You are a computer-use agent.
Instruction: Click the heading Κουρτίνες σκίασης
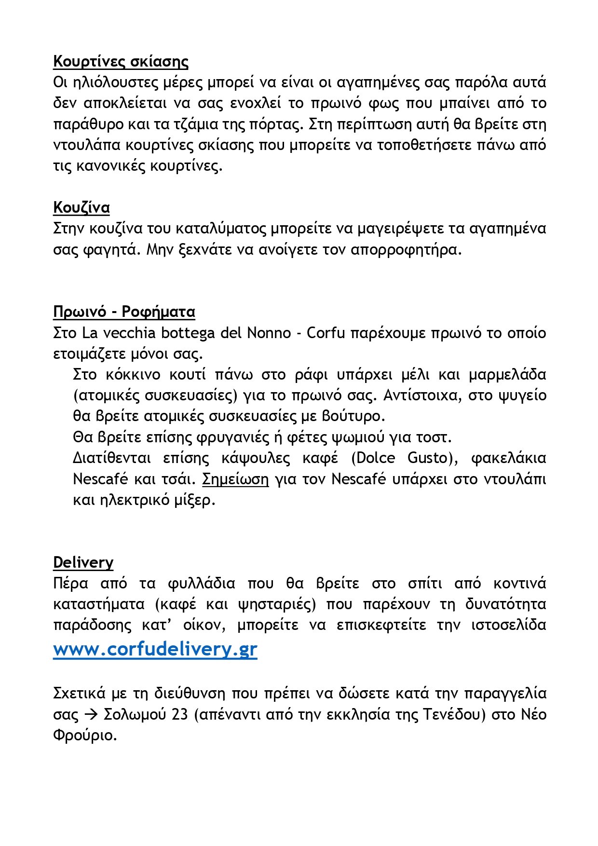click(121, 62)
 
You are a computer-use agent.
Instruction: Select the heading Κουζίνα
click(82, 207)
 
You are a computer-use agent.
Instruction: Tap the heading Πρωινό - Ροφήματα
click(124, 312)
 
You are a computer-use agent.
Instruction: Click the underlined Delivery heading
click(83, 562)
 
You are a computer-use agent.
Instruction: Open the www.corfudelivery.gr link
click(155, 649)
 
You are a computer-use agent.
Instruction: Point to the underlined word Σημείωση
click(235, 479)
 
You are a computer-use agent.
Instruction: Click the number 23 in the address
click(179, 714)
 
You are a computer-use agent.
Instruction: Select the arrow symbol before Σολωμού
click(91, 714)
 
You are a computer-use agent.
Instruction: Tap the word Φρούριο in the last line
click(85, 736)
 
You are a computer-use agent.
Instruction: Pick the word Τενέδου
click(454, 714)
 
